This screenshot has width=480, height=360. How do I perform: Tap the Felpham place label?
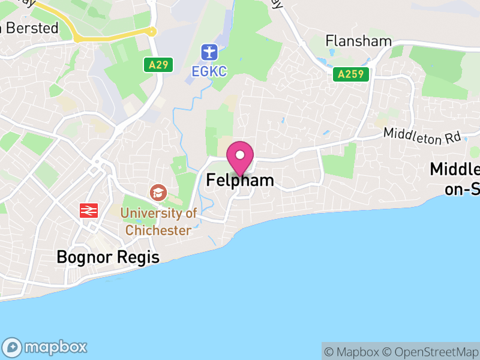[x=240, y=180]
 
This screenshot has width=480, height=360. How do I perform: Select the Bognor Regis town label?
[x=108, y=257]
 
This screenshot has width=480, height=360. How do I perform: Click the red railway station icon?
[x=89, y=211]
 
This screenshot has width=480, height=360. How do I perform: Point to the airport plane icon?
[x=209, y=52]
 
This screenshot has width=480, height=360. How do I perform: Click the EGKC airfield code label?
[x=209, y=71]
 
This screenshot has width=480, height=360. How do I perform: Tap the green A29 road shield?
[x=158, y=64]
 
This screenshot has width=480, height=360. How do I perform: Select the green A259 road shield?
[x=351, y=74]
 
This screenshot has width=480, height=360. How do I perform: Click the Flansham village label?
[x=358, y=41]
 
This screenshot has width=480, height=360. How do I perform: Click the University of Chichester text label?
[x=159, y=221]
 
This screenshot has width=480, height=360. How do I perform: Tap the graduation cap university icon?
[x=158, y=193]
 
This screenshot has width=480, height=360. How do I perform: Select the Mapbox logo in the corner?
[x=46, y=347]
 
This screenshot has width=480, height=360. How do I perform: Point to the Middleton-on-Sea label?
[x=456, y=179]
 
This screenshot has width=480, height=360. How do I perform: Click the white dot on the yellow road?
[x=152, y=31]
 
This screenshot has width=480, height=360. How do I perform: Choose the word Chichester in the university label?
[x=158, y=230]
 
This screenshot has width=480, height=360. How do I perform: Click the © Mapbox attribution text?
[x=352, y=352]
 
